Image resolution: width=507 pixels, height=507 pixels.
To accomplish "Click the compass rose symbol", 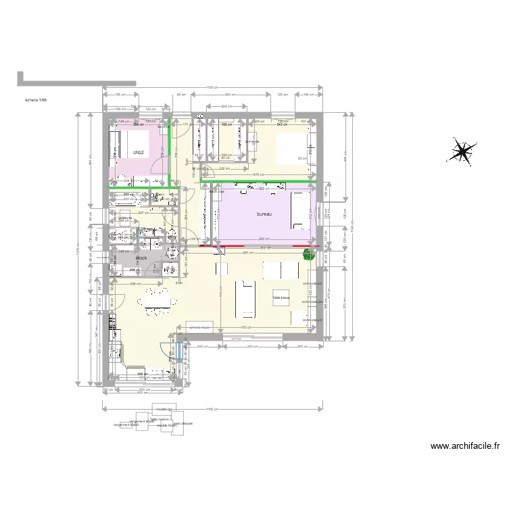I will click(462, 151).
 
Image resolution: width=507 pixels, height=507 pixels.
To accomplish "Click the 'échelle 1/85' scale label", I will click(35, 100).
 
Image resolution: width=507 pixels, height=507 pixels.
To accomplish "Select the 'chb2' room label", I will click(139, 153).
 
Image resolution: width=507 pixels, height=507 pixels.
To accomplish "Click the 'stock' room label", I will click(141, 258).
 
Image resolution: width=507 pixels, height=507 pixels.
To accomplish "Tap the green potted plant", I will click(308, 255).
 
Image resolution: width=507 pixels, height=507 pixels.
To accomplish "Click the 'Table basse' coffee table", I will click(280, 297).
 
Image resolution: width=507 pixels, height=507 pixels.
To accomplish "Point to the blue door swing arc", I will click(165, 348).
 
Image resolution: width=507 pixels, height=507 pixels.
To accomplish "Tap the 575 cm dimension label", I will click(258, 175).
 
